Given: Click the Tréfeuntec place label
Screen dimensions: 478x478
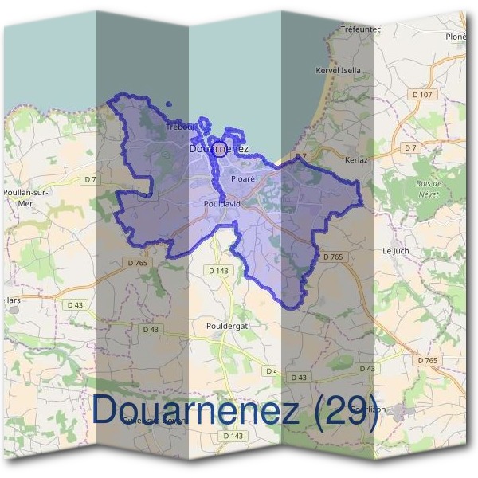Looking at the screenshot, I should pyautogui.click(x=360, y=29).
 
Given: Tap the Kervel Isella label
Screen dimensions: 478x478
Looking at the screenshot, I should pyautogui.click(x=338, y=70).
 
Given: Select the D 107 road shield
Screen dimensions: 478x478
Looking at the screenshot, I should pyautogui.click(x=422, y=95).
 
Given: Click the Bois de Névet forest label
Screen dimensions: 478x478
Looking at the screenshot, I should pyautogui.click(x=429, y=188).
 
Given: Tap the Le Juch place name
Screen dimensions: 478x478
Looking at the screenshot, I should pyautogui.click(x=395, y=250).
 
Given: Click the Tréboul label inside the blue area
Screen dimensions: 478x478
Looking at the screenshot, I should pyautogui.click(x=180, y=127).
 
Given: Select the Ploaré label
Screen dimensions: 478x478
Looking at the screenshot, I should pyautogui.click(x=242, y=180).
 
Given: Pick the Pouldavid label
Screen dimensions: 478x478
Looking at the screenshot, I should pyautogui.click(x=221, y=204).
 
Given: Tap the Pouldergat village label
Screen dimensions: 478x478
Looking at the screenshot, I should pyautogui.click(x=225, y=327).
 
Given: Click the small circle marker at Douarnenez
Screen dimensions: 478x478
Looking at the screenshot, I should pyautogui.click(x=219, y=148).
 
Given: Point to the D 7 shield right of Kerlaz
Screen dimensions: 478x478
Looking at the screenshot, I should pyautogui.click(x=410, y=148).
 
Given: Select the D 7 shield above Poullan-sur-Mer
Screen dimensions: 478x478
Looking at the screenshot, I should pyautogui.click(x=90, y=179).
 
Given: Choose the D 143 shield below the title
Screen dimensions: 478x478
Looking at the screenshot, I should pyautogui.click(x=233, y=436).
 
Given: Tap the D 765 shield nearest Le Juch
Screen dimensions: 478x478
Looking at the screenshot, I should pyautogui.click(x=332, y=257).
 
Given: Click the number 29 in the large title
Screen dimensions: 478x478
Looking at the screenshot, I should pyautogui.click(x=347, y=409).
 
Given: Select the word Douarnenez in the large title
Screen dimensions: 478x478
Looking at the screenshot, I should pyautogui.click(x=195, y=409).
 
